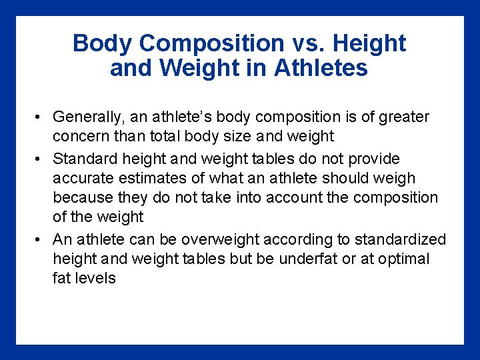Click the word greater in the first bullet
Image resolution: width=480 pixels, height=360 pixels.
click(403, 117)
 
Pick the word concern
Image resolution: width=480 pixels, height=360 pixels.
click(80, 137)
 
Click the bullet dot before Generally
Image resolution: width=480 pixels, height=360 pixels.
click(40, 118)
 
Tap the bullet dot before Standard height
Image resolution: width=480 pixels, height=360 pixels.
click(40, 159)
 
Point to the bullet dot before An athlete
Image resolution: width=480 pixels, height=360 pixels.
click(40, 240)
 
